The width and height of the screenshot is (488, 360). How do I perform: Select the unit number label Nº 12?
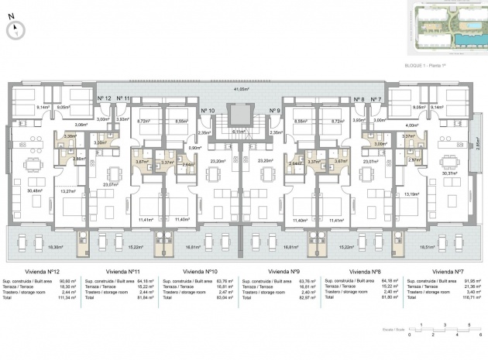click(x=105, y=99)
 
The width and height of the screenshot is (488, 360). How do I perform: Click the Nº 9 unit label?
click(x=274, y=111)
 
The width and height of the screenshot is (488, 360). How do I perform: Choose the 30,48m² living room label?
click(x=34, y=191)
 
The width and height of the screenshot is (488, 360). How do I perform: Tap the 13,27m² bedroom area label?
click(x=69, y=190)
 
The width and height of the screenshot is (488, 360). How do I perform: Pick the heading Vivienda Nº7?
click(x=448, y=272)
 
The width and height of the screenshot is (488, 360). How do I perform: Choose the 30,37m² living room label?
click(x=449, y=174)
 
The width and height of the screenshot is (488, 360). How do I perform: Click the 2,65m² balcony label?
click(x=477, y=153)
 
